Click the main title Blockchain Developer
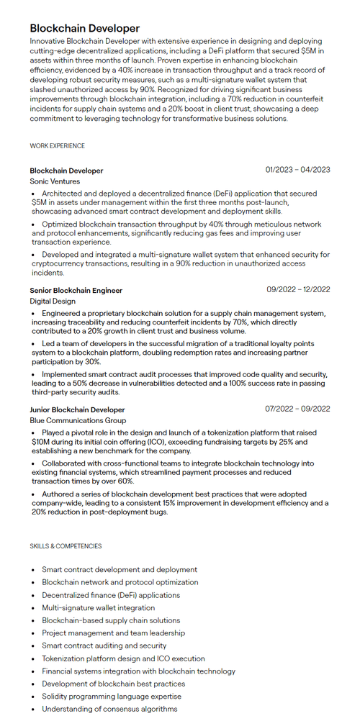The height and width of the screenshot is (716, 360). tap(85, 28)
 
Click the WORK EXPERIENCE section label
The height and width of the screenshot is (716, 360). tap(57, 146)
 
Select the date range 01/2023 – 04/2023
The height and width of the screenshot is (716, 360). tap(297, 170)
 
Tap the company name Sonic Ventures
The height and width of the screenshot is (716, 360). tap(55, 181)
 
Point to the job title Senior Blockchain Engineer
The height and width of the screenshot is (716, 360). tap(76, 290)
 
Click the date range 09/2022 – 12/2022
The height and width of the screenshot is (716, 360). tap(298, 289)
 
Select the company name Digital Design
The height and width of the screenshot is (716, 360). tap(53, 302)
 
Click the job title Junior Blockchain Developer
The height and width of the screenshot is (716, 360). tap(77, 409)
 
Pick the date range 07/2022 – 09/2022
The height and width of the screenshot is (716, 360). tap(298, 409)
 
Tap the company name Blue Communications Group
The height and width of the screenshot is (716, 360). tap(78, 420)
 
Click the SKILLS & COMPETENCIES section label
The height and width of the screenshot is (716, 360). tap(66, 546)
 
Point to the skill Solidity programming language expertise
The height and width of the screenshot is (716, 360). tap(112, 697)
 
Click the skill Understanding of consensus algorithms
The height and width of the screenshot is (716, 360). tap(109, 709)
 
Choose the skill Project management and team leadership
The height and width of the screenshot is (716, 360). tap(113, 633)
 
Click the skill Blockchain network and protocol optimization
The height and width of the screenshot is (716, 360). tap(120, 582)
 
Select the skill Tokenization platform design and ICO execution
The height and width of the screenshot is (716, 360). tap(123, 658)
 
